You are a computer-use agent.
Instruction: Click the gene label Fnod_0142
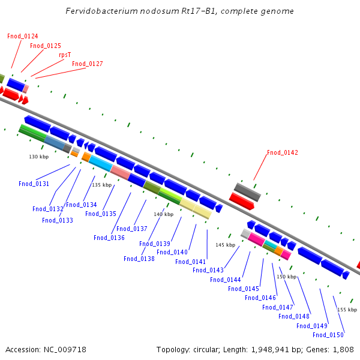(x=282, y=153)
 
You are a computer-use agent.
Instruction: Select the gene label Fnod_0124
(x=22, y=36)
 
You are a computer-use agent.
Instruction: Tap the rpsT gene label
(x=64, y=55)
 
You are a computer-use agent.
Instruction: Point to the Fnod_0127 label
(x=87, y=64)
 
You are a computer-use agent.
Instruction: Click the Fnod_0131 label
(x=34, y=184)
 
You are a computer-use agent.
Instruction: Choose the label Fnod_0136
(x=109, y=238)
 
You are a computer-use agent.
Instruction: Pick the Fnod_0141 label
(x=191, y=262)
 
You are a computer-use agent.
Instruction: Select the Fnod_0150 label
(x=328, y=335)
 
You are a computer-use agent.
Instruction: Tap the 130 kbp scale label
(x=38, y=157)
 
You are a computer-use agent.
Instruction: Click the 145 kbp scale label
(x=225, y=245)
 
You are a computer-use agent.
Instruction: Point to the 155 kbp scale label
(x=347, y=310)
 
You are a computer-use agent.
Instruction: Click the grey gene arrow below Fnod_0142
(x=247, y=192)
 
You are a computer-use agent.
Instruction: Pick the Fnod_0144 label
(x=225, y=280)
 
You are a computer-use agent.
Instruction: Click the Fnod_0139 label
(x=154, y=244)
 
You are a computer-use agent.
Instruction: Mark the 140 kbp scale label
(x=163, y=214)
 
